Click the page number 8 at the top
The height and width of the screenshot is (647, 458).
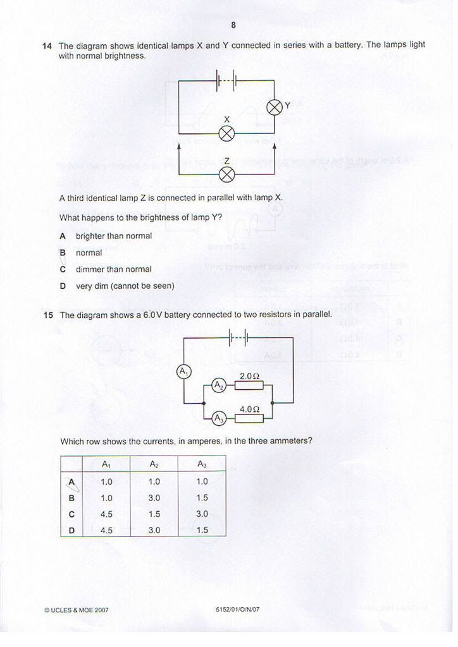[x=233, y=25]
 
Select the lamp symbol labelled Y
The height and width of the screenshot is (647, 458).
[x=275, y=107]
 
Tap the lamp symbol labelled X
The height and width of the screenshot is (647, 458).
[x=227, y=133]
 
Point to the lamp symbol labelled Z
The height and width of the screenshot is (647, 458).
[x=227, y=174]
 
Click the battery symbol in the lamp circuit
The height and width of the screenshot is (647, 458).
[x=226, y=80]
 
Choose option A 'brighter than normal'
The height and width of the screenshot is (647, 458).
[x=114, y=236]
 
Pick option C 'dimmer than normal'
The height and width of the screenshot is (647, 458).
[x=114, y=269]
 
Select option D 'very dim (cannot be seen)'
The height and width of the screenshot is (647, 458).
[x=125, y=286]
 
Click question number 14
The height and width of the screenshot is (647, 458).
[x=47, y=45]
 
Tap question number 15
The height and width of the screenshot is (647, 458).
[x=48, y=315]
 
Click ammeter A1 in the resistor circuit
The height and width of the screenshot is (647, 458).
[x=184, y=372]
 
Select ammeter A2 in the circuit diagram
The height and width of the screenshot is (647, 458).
[x=218, y=386]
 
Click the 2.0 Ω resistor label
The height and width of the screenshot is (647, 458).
[x=249, y=376]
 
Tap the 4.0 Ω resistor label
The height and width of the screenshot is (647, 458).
[x=249, y=409]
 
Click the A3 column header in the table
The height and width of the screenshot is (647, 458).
[x=202, y=464]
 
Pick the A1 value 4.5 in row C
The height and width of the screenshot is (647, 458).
[x=106, y=514]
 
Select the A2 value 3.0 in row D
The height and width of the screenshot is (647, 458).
[x=154, y=530]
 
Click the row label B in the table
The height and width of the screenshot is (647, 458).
[x=71, y=497]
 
